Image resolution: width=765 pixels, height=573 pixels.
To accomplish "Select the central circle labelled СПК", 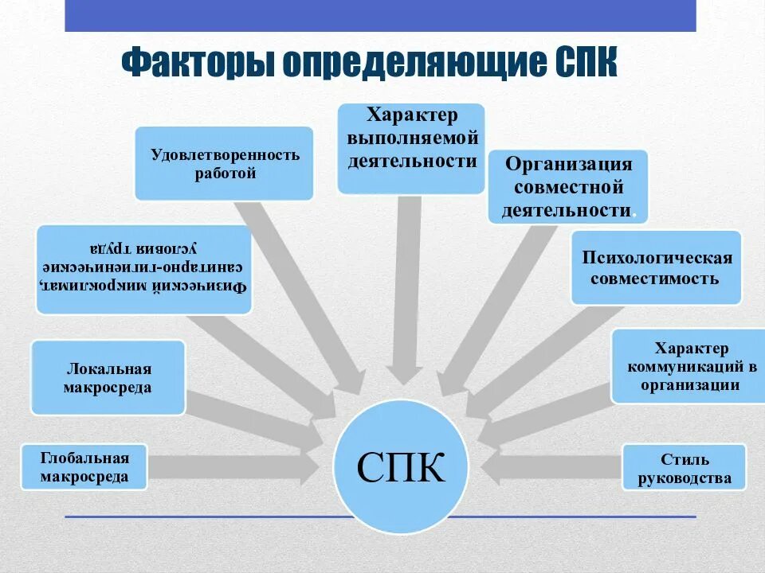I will pos(401,466).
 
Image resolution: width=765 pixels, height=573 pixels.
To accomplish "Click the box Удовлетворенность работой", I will pos(224,163).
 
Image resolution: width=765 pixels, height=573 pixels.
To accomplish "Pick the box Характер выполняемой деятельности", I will pos(410,148).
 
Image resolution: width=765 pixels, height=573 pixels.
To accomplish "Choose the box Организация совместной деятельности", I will pos(567,187).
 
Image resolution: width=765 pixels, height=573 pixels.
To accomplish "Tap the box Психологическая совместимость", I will pos(656,267).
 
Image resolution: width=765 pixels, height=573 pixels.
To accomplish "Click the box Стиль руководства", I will pos(684,467).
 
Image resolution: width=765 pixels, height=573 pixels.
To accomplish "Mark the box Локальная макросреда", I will pos(108,377).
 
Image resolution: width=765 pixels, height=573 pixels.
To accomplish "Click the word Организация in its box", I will pos(568,165).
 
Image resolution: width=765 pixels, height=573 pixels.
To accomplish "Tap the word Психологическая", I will pos(657,258).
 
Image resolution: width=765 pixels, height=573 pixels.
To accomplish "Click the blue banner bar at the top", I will pos(380,15).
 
